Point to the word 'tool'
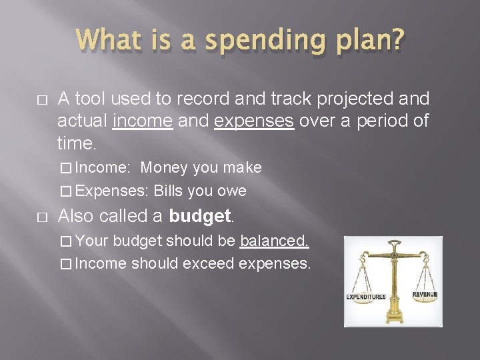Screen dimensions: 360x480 [x=90, y=99]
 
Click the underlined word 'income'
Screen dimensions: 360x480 [x=143, y=122]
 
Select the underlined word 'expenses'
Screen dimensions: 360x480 [x=254, y=122]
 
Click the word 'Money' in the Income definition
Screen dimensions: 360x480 [x=163, y=167]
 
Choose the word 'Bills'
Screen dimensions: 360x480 [x=168, y=191]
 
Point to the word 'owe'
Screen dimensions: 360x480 [x=231, y=191]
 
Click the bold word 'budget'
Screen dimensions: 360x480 [x=199, y=216]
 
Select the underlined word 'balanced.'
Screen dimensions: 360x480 [x=274, y=240]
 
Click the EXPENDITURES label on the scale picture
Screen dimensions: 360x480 [x=365, y=297]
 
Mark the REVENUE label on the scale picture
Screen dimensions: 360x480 [x=425, y=294]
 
